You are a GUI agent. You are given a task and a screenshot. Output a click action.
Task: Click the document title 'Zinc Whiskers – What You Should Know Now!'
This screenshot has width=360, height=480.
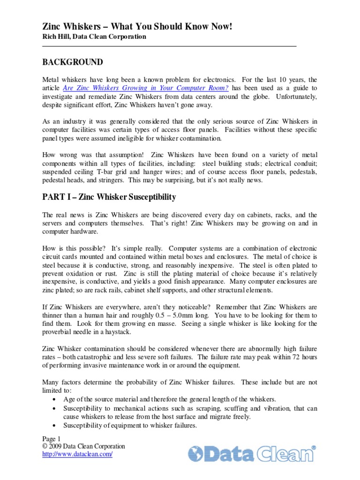coord(137,27)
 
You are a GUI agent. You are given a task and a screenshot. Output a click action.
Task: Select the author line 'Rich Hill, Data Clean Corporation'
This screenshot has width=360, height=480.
coord(94,37)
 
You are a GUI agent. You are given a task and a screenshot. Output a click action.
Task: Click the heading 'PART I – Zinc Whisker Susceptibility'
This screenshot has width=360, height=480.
coord(109,197)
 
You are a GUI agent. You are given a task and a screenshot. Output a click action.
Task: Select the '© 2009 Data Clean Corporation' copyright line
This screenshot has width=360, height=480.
coord(83,446)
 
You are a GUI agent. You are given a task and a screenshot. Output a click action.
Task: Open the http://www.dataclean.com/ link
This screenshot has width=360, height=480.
coord(77,454)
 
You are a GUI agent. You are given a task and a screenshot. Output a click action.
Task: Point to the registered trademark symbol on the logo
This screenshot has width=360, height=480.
coord(314,448)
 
